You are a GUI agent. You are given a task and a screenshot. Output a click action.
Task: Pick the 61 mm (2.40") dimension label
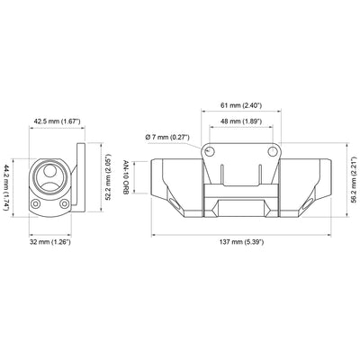click(240, 103)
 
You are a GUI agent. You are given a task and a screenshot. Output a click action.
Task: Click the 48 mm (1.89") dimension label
click(240, 121)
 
